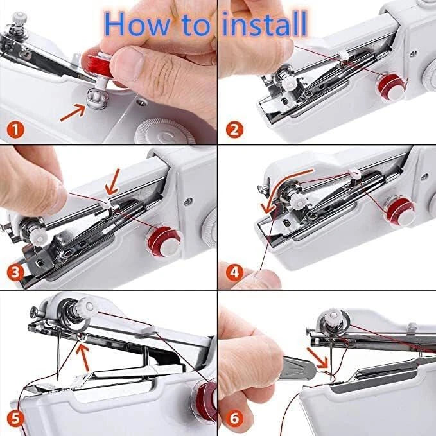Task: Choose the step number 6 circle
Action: pos(235,419)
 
